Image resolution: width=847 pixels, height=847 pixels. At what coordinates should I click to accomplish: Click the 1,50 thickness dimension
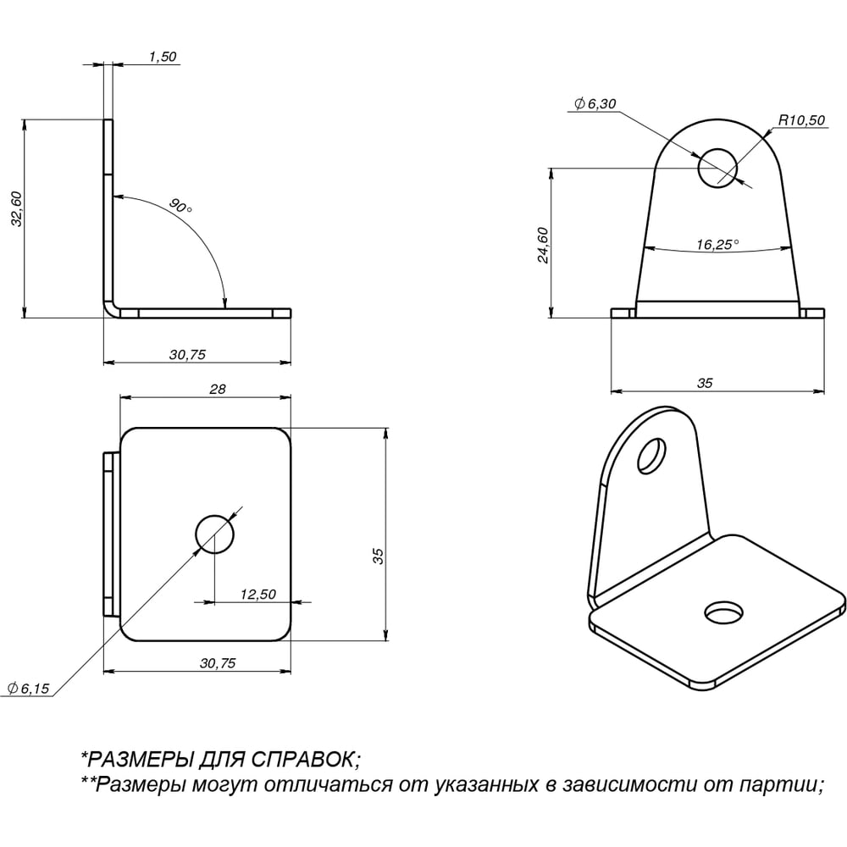click(163, 57)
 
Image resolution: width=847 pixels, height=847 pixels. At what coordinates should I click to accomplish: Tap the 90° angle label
click(180, 206)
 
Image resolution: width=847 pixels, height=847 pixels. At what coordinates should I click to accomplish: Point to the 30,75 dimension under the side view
click(187, 354)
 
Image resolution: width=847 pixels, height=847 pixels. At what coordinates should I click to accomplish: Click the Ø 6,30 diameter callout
click(595, 103)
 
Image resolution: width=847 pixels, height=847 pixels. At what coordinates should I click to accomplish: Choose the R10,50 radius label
click(801, 120)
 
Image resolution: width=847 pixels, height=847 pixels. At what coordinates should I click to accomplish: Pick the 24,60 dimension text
click(543, 246)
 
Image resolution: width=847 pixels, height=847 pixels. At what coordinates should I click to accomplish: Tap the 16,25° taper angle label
click(717, 245)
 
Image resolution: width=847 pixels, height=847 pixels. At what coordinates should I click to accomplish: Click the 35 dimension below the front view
click(705, 383)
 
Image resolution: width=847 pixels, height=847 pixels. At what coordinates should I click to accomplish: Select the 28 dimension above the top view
click(217, 389)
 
